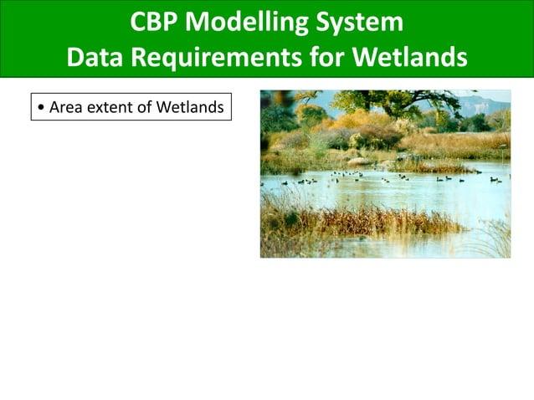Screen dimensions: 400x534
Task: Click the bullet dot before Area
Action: point(41,108)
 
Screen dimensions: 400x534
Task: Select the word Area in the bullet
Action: point(65,107)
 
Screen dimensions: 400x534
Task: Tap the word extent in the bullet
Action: point(108,107)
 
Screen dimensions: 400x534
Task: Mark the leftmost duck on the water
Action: point(285,182)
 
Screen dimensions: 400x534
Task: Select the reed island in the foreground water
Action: point(368,222)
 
